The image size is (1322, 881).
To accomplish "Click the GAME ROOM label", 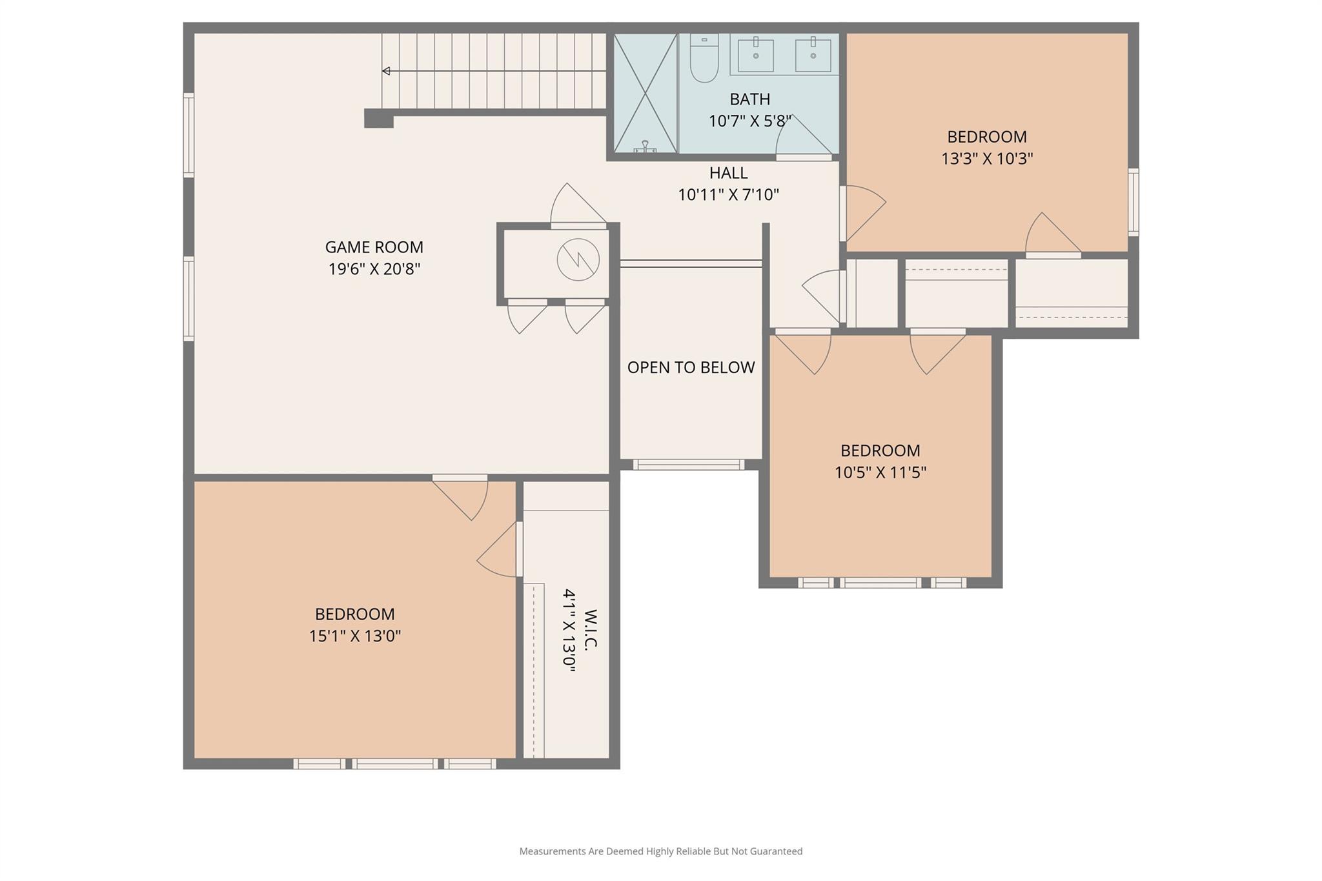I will point(374,247).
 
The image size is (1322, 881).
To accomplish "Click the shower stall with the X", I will point(645,93).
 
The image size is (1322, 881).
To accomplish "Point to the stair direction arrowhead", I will point(386,71).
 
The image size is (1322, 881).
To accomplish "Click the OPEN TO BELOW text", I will point(691,367).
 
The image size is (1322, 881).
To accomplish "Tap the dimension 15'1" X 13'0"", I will point(354,636).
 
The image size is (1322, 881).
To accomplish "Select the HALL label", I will point(728,173).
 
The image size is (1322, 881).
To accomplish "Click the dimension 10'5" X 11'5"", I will point(880,472).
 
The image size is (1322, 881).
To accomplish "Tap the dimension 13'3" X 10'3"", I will point(986,159).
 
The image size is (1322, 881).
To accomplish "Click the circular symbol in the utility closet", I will point(578,259).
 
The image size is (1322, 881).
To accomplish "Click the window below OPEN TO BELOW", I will point(688,465).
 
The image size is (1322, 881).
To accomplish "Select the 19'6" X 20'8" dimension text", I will point(374,269).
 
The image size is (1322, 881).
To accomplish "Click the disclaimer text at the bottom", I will point(660,851).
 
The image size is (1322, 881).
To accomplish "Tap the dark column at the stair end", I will point(378,119).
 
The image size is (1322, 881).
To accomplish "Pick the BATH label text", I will point(749,99).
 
